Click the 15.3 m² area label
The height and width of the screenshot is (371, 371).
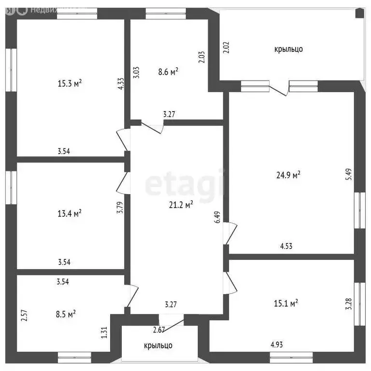[x=70, y=83]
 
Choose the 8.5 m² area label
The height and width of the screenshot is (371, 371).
[x=65, y=314]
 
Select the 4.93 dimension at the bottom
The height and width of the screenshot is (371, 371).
[x=277, y=345]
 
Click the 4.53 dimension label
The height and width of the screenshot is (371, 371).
[x=286, y=246]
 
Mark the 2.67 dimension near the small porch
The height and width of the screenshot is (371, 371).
[x=159, y=330]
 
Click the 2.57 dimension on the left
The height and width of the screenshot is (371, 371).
[x=23, y=316]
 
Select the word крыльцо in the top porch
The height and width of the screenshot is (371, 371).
[x=288, y=49]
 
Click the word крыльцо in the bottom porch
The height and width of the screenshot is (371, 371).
[x=158, y=345]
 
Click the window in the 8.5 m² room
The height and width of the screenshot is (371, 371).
[x=74, y=357]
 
